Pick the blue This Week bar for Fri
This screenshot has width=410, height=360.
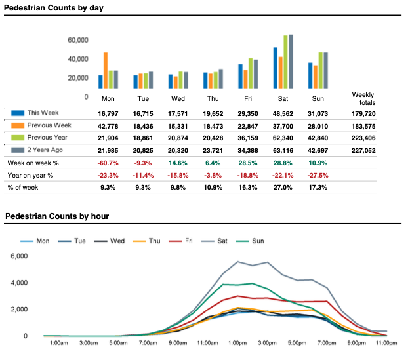click(x=240, y=76)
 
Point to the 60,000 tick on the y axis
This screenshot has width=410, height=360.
click(x=78, y=41)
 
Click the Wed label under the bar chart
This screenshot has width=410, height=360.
click(x=177, y=98)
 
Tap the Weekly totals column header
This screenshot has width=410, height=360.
click(x=363, y=99)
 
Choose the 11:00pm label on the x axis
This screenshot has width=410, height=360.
click(x=386, y=343)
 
